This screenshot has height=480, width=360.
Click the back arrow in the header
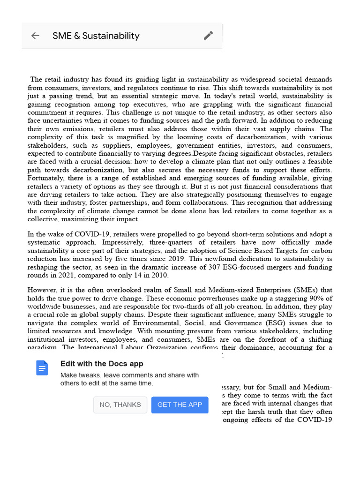35,36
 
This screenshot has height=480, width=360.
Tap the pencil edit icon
209,36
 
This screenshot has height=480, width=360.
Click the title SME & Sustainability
96,36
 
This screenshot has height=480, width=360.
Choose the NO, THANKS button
120,405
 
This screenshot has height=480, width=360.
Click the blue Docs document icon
42,368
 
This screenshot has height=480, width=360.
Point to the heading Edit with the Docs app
102,364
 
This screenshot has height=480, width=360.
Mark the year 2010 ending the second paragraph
159,275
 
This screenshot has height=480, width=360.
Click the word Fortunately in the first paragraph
47,178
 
